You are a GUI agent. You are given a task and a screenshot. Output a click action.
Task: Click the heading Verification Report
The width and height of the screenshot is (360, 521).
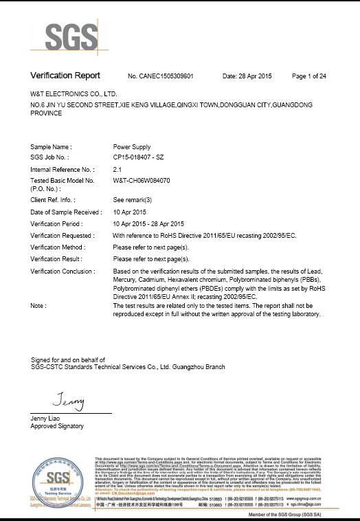65,75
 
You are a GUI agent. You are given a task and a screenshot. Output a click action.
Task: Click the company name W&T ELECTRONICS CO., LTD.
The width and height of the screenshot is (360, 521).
74,92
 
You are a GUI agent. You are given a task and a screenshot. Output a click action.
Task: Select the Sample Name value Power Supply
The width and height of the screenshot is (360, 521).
133,147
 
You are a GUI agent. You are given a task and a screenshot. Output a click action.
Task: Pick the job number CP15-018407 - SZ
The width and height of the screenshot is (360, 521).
144,158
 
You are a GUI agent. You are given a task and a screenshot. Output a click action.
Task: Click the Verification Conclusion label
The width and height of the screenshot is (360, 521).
62,271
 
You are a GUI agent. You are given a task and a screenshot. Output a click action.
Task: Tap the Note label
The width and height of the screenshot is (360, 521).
38,305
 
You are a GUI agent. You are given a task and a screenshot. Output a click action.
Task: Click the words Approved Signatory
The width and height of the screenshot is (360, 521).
57,426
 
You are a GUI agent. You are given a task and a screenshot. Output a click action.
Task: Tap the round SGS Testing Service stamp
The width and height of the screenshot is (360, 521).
58,481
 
